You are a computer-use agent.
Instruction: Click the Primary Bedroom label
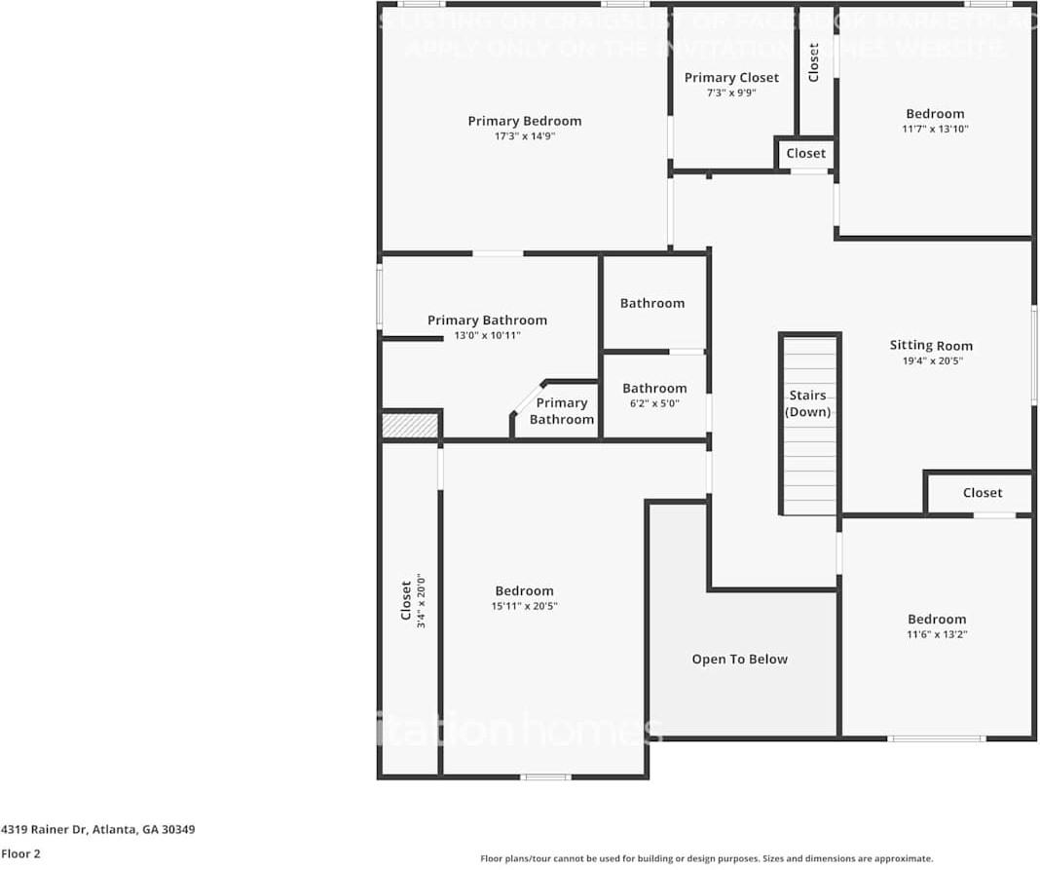524,121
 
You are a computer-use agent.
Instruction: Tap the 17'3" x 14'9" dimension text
524,137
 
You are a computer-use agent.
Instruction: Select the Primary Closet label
731,78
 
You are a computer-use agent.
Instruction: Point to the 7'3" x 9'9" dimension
731,94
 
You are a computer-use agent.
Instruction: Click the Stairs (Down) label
808,403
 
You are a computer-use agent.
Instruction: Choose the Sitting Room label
931,345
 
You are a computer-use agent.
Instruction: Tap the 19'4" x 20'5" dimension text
931,361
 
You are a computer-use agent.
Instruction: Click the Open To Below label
739,660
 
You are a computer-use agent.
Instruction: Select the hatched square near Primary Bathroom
410,426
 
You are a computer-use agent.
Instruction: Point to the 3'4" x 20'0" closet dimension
422,600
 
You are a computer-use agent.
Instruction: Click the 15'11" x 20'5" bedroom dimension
524,607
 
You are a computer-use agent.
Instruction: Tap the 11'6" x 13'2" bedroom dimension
937,635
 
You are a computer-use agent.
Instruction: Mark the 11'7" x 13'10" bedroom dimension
935,130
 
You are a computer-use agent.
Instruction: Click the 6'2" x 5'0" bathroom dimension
654,403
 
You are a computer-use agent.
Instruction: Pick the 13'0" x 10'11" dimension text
487,336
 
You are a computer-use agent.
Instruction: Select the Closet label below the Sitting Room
982,493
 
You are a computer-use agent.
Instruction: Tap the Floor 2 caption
20,854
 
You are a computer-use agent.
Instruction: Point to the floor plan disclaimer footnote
706,858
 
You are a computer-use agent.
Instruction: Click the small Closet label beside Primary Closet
805,153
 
